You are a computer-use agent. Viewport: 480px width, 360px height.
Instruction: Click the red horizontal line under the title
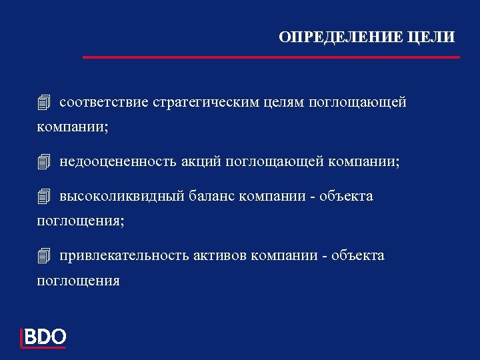[271, 57]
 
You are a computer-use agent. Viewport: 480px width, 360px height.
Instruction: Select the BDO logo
[44, 337]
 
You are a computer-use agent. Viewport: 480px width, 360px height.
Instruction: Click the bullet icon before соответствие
[44, 103]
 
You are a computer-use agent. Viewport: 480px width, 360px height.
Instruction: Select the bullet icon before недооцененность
[44, 161]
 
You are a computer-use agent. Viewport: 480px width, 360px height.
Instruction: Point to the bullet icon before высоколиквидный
[44, 197]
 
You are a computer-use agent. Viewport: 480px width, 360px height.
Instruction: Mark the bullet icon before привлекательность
[44, 256]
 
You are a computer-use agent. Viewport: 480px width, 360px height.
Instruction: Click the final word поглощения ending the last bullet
[78, 281]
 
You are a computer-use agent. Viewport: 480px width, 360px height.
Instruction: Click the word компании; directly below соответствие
[73, 127]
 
